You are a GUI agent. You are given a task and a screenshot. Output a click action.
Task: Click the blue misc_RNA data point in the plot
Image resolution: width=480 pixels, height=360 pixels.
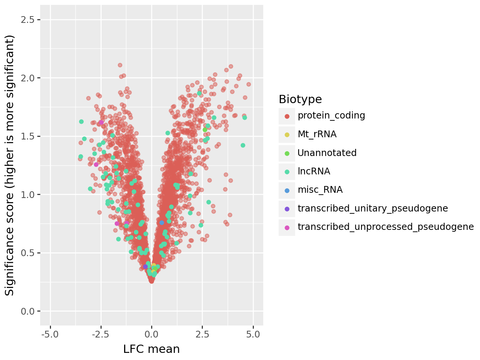point(162,223)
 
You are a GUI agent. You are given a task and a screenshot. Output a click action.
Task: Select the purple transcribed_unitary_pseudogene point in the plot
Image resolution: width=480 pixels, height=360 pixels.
point(145,267)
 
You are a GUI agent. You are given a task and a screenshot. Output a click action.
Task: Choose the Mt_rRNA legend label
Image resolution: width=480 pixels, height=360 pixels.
point(317,134)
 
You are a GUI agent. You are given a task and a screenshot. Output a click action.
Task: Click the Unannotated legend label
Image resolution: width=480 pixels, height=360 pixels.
point(327,153)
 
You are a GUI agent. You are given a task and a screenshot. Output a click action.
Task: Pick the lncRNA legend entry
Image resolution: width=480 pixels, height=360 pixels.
point(314,171)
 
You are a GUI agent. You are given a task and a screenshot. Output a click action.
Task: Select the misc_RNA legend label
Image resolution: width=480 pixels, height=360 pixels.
point(320,190)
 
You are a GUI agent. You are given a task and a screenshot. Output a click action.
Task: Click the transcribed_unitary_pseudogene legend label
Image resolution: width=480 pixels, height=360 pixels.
point(373,208)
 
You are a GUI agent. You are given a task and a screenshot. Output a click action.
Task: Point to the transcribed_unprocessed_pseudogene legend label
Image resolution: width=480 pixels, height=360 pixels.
point(386,227)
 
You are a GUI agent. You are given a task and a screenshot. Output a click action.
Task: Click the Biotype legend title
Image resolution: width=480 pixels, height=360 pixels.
point(300,99)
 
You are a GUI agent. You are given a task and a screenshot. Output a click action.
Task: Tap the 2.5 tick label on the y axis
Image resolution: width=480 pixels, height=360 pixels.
point(27,20)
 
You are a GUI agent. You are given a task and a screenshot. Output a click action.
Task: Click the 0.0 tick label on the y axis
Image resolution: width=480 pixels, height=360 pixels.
point(27,311)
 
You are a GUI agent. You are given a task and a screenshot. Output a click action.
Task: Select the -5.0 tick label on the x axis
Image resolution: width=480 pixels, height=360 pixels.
point(50,334)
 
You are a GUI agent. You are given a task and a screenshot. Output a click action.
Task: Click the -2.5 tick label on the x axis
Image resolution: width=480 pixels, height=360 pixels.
point(101,334)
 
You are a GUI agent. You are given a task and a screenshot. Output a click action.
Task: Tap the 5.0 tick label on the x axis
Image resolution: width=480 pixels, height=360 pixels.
point(253,334)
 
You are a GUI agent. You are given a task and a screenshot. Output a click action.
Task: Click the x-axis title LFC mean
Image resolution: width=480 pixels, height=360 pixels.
point(151,349)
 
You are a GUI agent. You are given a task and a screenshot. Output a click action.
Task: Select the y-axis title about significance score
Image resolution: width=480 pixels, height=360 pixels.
point(9,165)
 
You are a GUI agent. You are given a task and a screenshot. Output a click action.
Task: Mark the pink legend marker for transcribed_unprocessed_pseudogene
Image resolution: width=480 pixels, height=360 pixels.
point(287,228)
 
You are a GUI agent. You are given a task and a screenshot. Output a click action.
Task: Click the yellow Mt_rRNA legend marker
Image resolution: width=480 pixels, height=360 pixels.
point(287,135)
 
